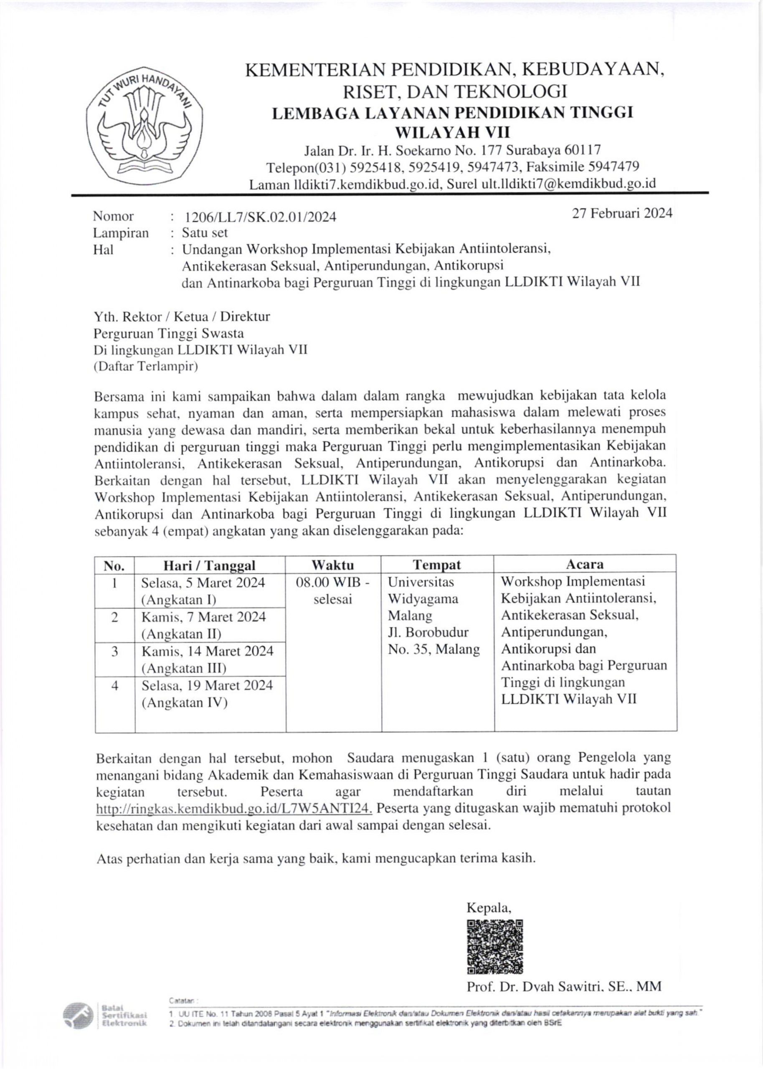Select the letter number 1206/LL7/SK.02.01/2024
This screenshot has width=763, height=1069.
pyautogui.click(x=261, y=217)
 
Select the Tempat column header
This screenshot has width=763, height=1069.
pyautogui.click(x=437, y=565)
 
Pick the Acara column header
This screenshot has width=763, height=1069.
pyautogui.click(x=585, y=564)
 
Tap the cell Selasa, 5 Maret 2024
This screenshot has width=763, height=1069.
pyautogui.click(x=203, y=583)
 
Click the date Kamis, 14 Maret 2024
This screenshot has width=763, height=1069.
pyautogui.click(x=207, y=651)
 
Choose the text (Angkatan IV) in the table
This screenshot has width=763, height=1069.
pyautogui.click(x=184, y=703)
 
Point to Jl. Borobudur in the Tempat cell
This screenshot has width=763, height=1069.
pyautogui.click(x=428, y=632)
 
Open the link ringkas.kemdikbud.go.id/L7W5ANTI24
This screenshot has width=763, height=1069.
pyautogui.click(x=234, y=808)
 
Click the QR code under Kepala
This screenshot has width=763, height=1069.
pyautogui.click(x=495, y=946)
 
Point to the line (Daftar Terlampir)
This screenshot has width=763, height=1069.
pyautogui.click(x=146, y=367)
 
